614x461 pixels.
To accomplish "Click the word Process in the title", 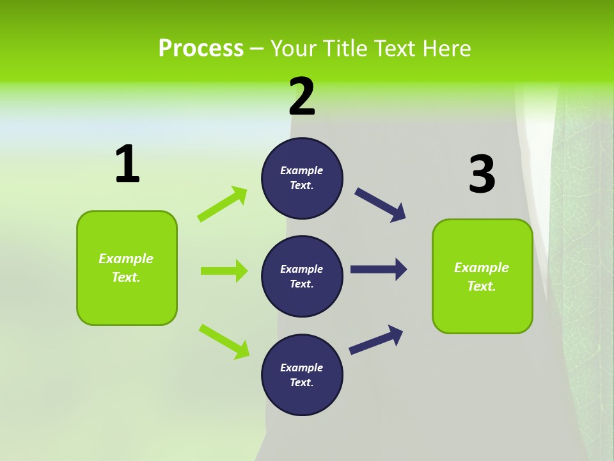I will tap(201, 48).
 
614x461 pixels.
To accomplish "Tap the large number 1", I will tap(127, 165).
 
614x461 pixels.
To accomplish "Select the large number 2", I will tap(302, 97).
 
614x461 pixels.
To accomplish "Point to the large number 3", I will tap(482, 174).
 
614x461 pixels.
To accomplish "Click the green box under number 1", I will tap(127, 268).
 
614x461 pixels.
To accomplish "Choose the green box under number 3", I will tap(482, 276).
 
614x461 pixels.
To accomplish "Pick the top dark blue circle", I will tap(302, 178).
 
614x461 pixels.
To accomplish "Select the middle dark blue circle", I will tap(302, 276).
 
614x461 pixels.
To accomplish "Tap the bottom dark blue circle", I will tap(302, 375).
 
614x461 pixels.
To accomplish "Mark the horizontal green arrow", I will tap(224, 271).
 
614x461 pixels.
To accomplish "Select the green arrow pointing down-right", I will tap(224, 341).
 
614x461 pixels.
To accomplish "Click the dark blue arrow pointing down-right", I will tap(381, 205).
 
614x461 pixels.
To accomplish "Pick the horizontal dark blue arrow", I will tap(379, 270).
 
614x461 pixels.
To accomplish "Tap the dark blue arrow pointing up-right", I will tap(376, 339).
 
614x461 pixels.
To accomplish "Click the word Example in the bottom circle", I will tap(302, 368).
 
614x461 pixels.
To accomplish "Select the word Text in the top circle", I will tap(301, 186).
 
